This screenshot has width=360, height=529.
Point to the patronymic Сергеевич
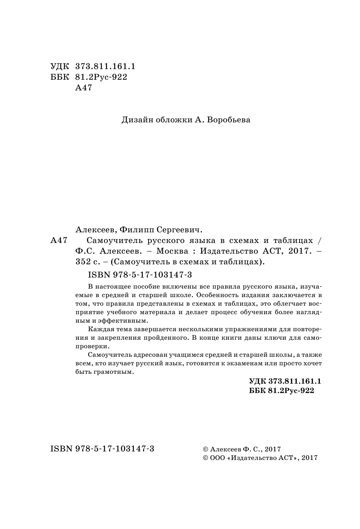point(176,229)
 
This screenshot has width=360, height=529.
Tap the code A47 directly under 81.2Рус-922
point(83,88)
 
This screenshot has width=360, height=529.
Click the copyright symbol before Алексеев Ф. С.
point(206,449)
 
